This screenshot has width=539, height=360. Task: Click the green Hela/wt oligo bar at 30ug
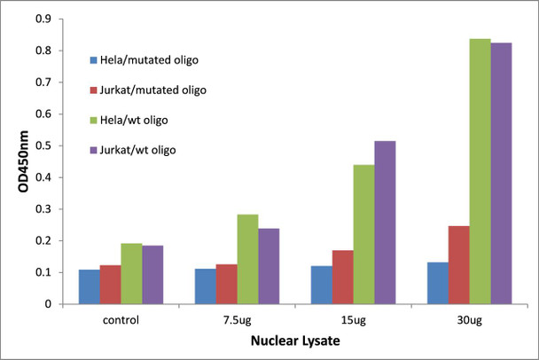pos(480,172)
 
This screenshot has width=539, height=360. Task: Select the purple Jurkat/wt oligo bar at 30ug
pos(501,174)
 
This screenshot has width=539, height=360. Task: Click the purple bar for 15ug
pos(385,223)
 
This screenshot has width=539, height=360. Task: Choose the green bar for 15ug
pos(363,234)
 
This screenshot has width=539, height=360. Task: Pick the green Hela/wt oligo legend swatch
pos(95,121)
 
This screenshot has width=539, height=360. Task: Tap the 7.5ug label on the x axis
pos(237,317)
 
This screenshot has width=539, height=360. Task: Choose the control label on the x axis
pos(121,317)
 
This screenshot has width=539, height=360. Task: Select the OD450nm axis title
pos(16,161)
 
